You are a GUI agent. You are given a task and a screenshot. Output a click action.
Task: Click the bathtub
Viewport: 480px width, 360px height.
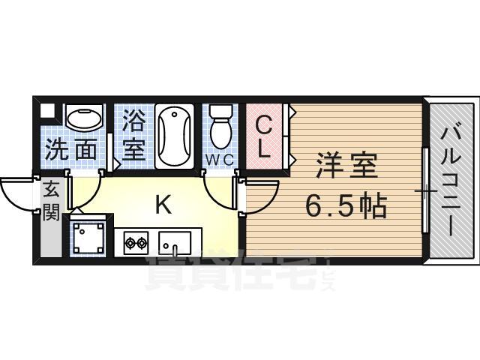click(174, 136)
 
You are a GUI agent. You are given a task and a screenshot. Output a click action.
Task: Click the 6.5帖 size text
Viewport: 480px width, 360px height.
click(346, 204)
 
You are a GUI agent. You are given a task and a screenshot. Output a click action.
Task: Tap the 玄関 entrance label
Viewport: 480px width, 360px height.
click(49, 202)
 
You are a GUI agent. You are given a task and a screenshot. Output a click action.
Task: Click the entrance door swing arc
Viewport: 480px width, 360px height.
click(16, 193)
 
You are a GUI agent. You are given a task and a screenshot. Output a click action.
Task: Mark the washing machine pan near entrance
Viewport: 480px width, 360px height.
click(90, 237)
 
